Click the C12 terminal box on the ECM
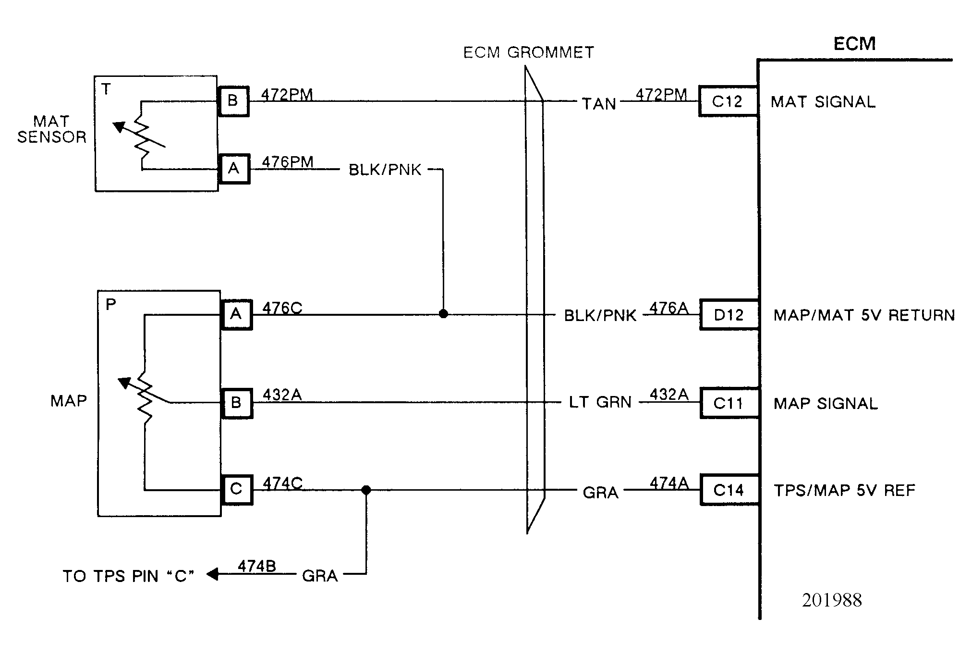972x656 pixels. tap(728, 101)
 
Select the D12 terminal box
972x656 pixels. tap(729, 315)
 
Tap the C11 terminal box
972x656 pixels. tap(729, 403)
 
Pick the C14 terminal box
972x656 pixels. tap(729, 490)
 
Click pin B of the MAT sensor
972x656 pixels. tap(233, 101)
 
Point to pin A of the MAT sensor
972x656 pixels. tap(234, 169)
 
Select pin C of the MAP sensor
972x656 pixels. tap(236, 489)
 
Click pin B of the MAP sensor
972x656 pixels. tap(236, 402)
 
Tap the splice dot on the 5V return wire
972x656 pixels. tap(443, 314)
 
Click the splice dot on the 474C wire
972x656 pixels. tap(366, 490)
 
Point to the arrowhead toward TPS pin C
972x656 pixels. tap(212, 574)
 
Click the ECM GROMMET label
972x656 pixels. tap(528, 52)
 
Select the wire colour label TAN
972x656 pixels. tap(599, 104)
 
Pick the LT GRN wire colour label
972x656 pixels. tap(600, 402)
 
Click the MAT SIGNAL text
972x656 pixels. tap(823, 102)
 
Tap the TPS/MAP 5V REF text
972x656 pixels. tap(844, 491)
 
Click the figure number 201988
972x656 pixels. tap(832, 600)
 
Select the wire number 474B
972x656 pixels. tap(257, 567)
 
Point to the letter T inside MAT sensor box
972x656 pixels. tap(106, 89)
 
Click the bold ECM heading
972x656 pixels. tap(854, 44)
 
